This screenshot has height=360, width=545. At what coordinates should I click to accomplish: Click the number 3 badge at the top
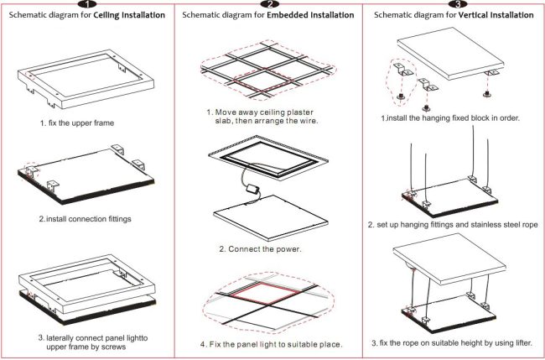pyautogui.click(x=453, y=4)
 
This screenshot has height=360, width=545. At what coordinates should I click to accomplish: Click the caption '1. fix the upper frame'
pyautogui.click(x=76, y=123)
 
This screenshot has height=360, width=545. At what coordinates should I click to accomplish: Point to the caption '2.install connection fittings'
pyautogui.click(x=86, y=219)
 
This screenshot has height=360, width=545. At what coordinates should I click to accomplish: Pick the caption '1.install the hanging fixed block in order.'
pyautogui.click(x=450, y=118)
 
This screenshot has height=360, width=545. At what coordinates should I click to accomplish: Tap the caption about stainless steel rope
pyautogui.click(x=454, y=225)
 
